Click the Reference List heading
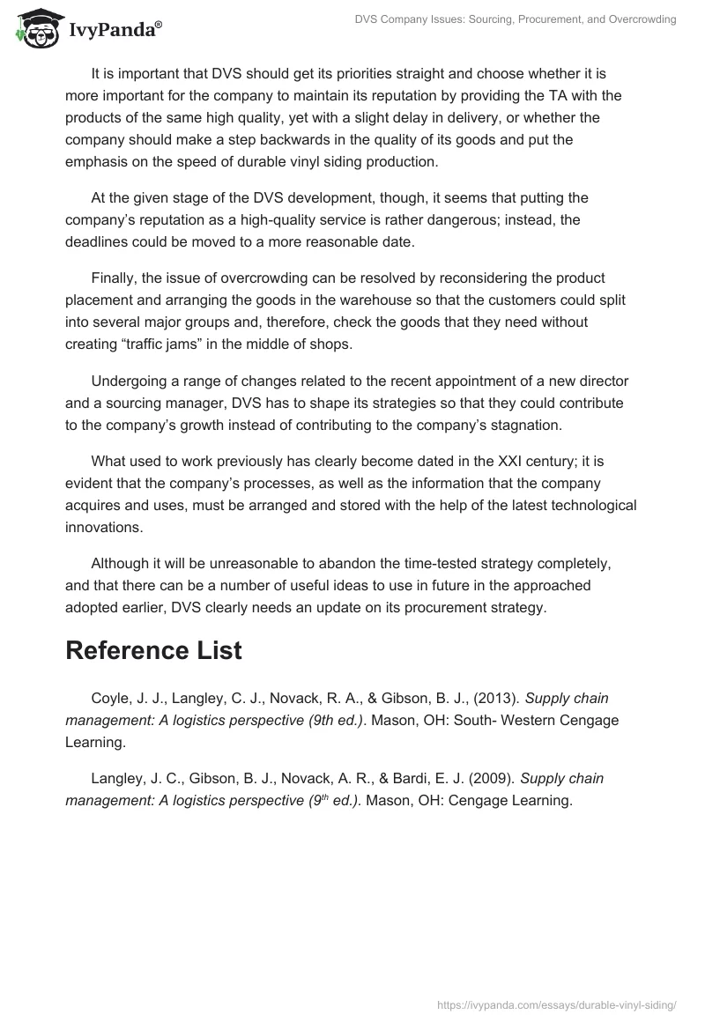153,650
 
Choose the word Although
120,563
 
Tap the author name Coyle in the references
110,699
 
